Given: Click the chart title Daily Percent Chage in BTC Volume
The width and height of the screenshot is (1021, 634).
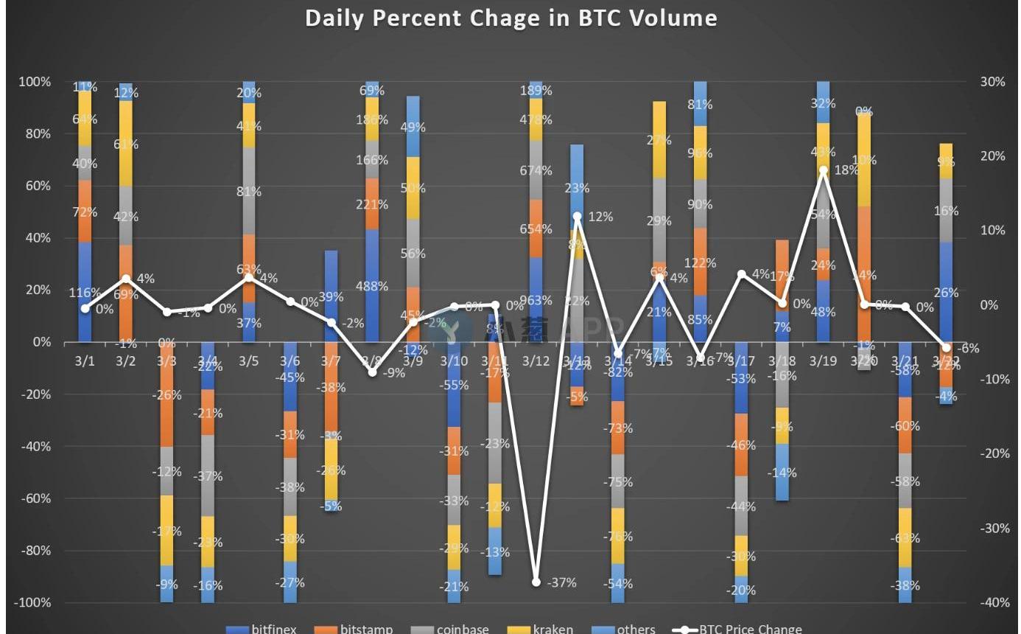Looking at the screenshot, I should click(510, 18).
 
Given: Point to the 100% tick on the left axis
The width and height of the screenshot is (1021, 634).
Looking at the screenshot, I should click(35, 82).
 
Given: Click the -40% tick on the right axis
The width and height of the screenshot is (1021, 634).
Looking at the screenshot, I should click(993, 602).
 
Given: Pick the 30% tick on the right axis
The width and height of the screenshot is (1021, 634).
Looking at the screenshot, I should click(993, 82).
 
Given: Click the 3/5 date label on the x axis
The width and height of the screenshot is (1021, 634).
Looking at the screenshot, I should click(249, 361).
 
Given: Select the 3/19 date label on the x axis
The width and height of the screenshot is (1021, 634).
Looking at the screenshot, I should click(823, 361).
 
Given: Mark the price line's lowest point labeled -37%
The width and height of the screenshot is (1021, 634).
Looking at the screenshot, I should click(536, 582).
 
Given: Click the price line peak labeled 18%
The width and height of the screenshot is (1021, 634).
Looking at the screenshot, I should click(823, 170).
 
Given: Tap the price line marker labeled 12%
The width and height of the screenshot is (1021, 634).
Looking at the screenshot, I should click(578, 217).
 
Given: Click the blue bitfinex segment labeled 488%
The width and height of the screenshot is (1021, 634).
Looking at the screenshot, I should click(373, 285).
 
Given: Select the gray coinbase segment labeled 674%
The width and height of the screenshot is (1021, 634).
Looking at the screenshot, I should click(536, 170).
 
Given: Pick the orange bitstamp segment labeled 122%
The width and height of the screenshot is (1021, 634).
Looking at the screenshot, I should click(700, 262).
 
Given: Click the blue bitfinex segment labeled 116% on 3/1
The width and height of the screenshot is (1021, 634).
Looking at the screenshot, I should click(85, 292).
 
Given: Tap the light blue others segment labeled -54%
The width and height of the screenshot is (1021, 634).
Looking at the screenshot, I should click(618, 583).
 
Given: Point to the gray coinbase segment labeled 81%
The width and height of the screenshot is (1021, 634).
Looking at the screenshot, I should click(249, 191).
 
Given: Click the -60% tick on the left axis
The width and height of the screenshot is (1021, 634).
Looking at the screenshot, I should click(35, 498).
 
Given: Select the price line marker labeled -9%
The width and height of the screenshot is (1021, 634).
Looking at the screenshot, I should click(373, 372).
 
